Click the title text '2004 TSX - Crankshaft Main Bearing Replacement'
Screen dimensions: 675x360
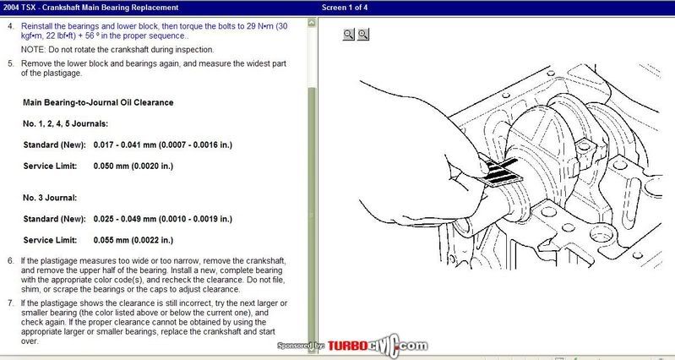point(90,8)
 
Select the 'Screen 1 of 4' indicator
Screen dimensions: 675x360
point(345,8)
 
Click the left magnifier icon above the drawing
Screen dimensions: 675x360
point(349,35)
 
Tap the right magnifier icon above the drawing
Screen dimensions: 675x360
point(363,35)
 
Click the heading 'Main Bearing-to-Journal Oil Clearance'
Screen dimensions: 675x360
point(98,102)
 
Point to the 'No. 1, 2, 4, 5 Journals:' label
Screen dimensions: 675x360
point(65,124)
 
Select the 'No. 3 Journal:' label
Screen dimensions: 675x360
point(50,198)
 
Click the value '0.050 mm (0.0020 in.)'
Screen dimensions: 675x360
point(133,166)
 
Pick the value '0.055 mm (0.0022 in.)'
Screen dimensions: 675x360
point(133,240)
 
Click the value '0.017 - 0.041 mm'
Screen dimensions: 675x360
point(125,145)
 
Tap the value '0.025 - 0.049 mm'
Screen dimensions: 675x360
point(125,219)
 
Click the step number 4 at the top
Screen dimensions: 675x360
point(10,26)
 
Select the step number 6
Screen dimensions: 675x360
point(10,261)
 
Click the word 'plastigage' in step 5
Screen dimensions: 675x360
point(62,74)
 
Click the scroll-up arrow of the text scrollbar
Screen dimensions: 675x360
point(312,23)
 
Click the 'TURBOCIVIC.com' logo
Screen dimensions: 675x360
point(378,346)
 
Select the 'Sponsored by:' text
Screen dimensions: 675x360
point(301,346)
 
